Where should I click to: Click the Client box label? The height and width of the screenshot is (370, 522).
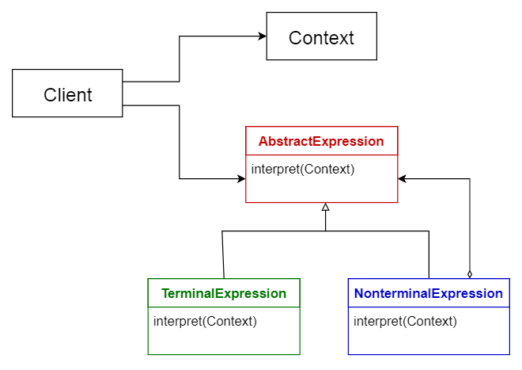(67, 95)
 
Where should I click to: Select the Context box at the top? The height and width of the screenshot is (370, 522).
(321, 37)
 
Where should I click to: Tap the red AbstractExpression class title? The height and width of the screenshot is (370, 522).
(321, 142)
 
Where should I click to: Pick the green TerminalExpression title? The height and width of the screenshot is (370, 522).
(224, 293)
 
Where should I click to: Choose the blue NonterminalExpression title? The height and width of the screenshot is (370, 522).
(428, 293)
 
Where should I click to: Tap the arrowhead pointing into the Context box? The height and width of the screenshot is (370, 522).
(261, 36)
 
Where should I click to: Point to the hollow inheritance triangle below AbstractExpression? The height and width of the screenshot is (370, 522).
(325, 207)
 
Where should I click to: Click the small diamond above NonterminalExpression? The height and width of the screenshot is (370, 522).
(470, 273)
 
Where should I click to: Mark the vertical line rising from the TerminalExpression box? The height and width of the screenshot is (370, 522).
(223, 254)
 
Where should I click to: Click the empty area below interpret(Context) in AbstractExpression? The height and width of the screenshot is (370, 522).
(321, 190)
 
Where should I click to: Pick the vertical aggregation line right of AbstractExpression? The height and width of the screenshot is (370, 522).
(470, 226)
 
